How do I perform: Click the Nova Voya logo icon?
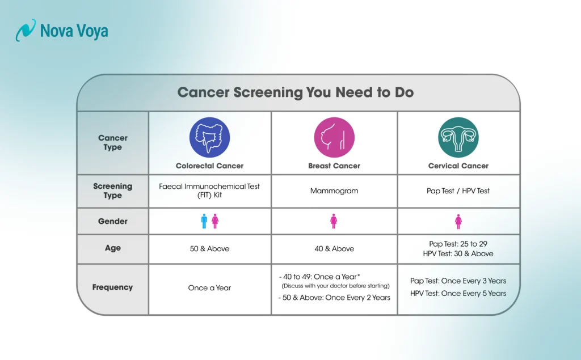point(26,30)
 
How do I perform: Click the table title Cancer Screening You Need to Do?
point(295,92)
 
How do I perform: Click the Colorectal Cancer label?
point(209,166)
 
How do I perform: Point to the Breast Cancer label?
point(334,166)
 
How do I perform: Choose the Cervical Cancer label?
point(458,166)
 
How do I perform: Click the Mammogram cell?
point(334,191)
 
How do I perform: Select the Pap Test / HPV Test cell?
point(458,191)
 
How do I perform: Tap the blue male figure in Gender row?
point(204,221)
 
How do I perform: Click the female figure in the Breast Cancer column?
point(334,221)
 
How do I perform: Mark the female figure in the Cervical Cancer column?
point(458,221)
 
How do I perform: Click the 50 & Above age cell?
point(209,249)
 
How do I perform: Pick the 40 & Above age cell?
point(334,249)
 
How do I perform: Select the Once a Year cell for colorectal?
point(209,288)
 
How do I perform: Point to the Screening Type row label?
point(112,191)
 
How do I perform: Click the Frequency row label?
point(112,287)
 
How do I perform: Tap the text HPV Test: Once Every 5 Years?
point(458,294)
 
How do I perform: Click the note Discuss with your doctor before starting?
point(335,286)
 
